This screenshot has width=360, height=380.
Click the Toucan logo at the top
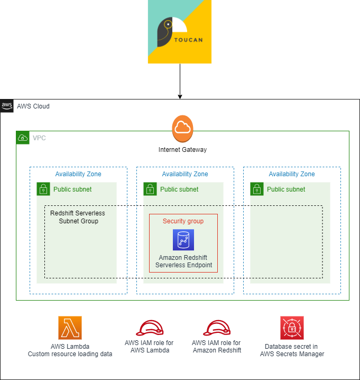pyautogui.click(x=179, y=32)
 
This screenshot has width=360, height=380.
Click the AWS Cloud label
pyautogui.click(x=33, y=106)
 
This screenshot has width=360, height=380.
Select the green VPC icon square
pyautogui.click(x=23, y=138)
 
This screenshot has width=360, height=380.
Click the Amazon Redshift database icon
pyautogui.click(x=183, y=240)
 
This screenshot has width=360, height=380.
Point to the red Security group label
pyautogui.click(x=183, y=221)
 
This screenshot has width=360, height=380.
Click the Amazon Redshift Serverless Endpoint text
pyautogui.click(x=183, y=261)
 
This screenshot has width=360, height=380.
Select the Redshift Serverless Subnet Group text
pyautogui.click(x=78, y=217)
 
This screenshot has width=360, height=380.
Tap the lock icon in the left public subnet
pyautogui.click(x=43, y=189)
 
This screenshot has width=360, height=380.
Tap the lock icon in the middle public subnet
pyautogui.click(x=150, y=189)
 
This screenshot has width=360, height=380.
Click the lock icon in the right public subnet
pyautogui.click(x=257, y=189)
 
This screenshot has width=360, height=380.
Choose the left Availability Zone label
pyautogui.click(x=78, y=174)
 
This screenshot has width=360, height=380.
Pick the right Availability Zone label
pyautogui.click(x=292, y=174)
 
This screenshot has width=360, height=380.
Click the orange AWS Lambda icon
pyautogui.click(x=70, y=328)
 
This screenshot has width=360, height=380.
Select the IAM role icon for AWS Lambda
pyautogui.click(x=149, y=328)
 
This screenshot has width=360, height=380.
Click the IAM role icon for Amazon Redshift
pyautogui.click(x=217, y=328)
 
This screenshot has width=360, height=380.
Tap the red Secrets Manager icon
pyautogui.click(x=292, y=328)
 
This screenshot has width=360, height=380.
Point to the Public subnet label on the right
pyautogui.click(x=286, y=189)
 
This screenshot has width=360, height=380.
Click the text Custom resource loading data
pyautogui.click(x=70, y=354)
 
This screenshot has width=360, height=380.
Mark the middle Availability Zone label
pyautogui.click(x=185, y=174)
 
